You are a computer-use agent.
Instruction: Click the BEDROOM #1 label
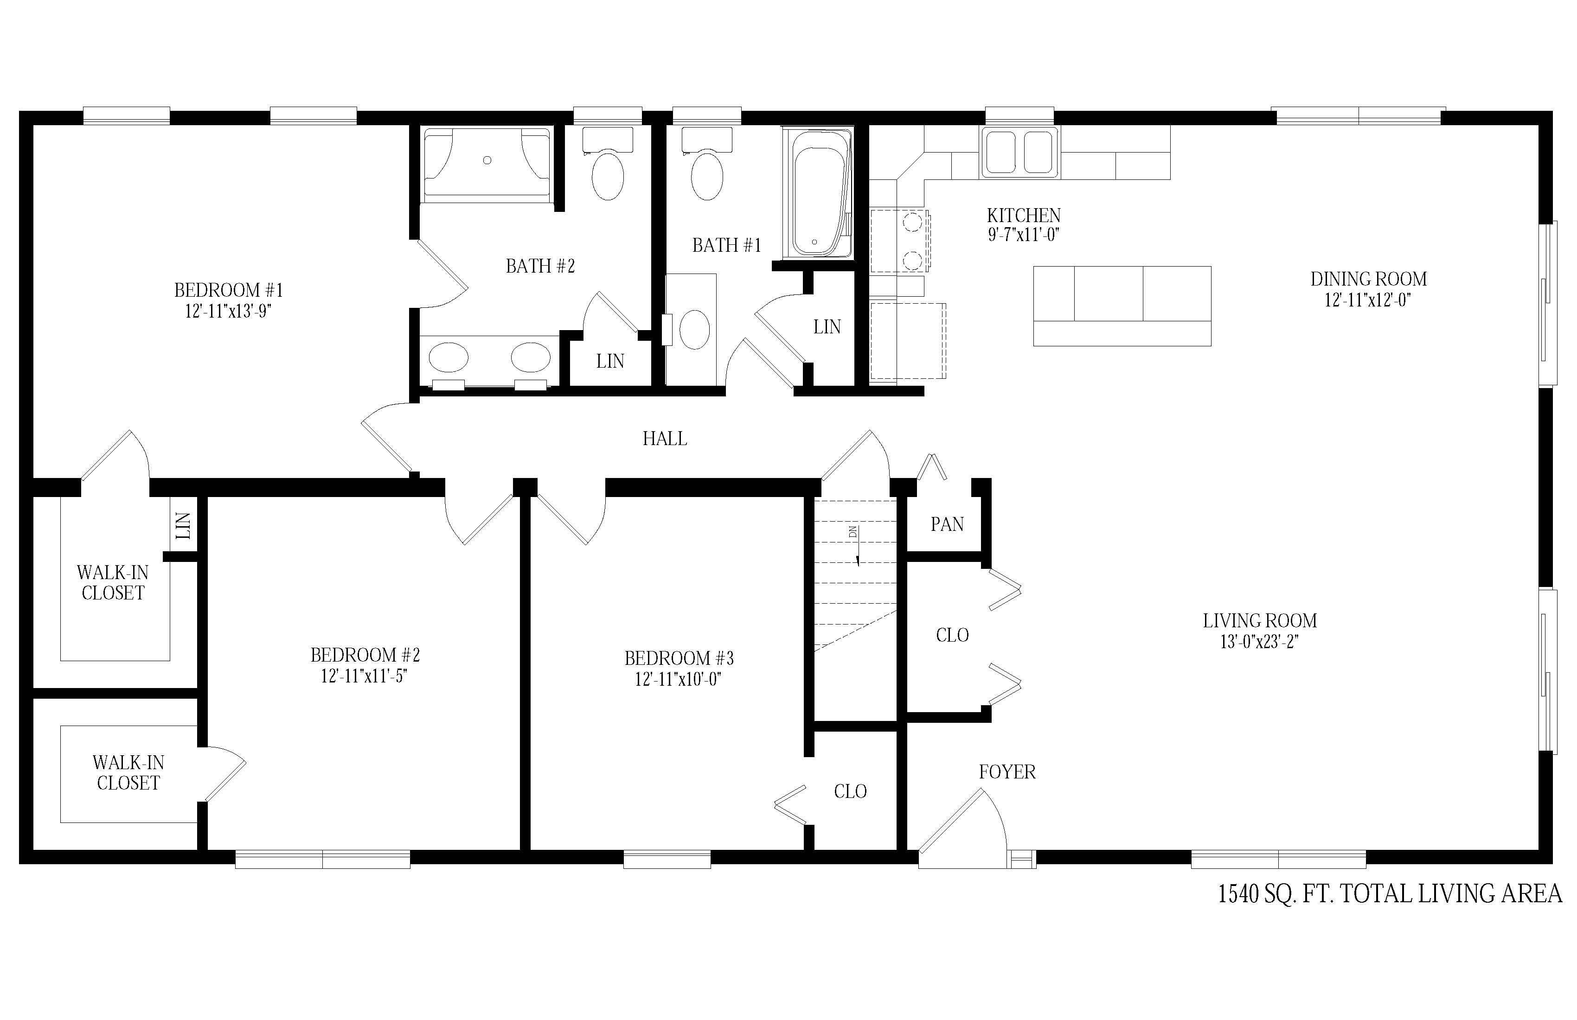(x=229, y=290)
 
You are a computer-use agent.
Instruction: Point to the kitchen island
(x=1122, y=306)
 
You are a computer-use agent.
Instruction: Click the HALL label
(x=665, y=439)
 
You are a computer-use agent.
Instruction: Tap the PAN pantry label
(x=947, y=524)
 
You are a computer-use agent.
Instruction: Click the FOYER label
(x=1007, y=771)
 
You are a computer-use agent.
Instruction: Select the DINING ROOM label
(x=1368, y=279)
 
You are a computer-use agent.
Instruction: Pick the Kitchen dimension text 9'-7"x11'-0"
(x=1024, y=235)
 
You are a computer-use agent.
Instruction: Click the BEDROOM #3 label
(x=679, y=658)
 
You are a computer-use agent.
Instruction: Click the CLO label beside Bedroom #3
(x=850, y=791)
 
